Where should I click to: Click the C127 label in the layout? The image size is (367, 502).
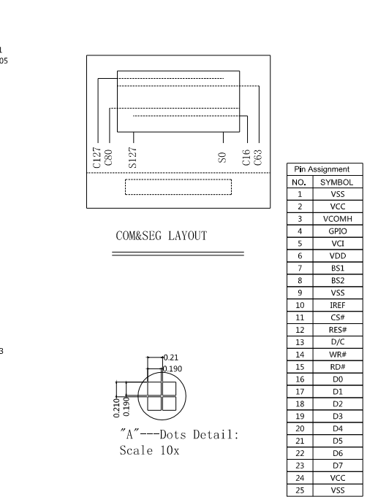click(x=97, y=158)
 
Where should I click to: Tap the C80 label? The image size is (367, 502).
click(x=108, y=157)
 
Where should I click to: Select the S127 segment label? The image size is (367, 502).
click(x=132, y=158)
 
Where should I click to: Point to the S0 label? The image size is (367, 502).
click(x=222, y=158)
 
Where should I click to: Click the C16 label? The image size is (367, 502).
click(x=246, y=158)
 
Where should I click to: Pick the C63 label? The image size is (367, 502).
click(x=257, y=158)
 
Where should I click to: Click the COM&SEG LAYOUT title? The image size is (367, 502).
click(x=162, y=236)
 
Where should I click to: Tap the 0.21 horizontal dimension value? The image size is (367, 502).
click(x=171, y=358)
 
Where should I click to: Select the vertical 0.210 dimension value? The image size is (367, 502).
click(x=116, y=408)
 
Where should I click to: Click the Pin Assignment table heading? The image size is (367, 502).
click(x=322, y=169)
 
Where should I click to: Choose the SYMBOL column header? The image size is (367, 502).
click(x=336, y=182)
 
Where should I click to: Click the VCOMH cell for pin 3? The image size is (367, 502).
click(x=338, y=219)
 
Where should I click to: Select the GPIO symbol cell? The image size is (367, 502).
click(x=338, y=231)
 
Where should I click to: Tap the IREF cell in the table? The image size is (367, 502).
click(x=338, y=305)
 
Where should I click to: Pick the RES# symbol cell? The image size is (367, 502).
click(x=338, y=330)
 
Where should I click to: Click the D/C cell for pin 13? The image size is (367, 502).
click(x=338, y=342)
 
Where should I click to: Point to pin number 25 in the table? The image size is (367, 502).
click(x=300, y=490)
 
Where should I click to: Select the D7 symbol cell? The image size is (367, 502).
click(x=338, y=466)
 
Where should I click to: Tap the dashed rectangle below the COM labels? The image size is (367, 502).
click(x=178, y=179)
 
